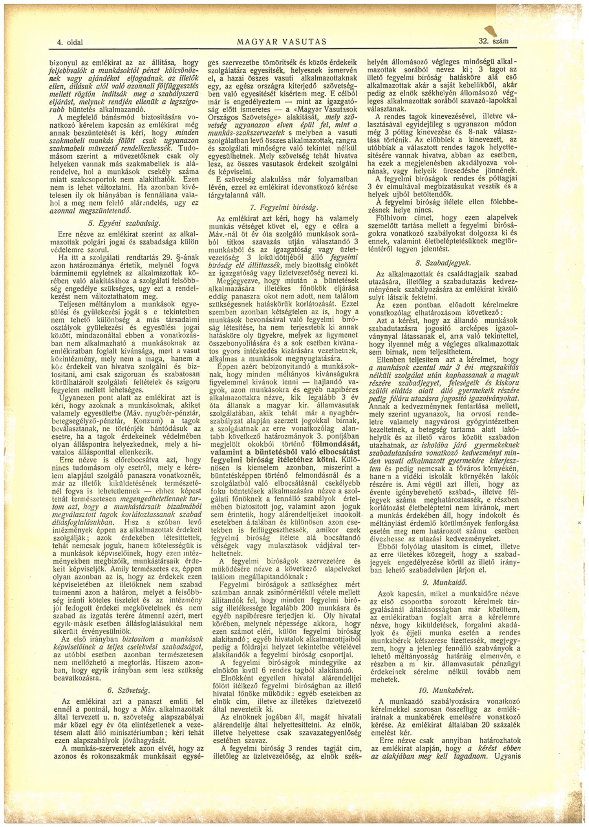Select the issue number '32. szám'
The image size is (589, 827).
(x=494, y=40)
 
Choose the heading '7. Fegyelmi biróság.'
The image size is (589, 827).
(x=284, y=207)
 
